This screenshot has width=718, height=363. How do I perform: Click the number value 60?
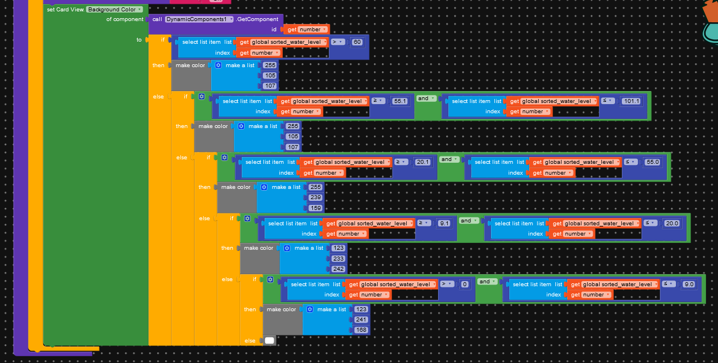pos(357,42)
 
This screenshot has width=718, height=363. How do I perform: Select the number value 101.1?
pos(631,101)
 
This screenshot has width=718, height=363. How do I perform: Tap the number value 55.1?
pos(400,101)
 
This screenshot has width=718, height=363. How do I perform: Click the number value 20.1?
pos(423,162)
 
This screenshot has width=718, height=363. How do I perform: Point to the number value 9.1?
pos(445,224)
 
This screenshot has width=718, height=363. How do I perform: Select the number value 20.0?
pos(672,224)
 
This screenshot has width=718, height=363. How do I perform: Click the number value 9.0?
pos(688,284)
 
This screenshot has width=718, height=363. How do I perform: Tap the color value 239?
pos(316,197)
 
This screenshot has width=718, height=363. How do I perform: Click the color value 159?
pos(316,208)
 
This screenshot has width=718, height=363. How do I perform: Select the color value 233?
pos(339,258)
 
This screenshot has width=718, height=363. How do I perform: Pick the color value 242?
pos(339,269)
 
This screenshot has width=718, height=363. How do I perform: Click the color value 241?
pos(361,320)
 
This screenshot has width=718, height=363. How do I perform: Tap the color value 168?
pos(361,330)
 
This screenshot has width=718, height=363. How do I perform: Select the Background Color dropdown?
pos(114,10)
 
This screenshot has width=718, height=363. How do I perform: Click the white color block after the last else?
pos(269,341)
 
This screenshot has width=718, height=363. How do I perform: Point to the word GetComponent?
pos(258,19)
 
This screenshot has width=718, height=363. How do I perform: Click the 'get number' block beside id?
pos(307,30)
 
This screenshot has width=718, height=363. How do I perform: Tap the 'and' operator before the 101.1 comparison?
pos(425,98)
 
